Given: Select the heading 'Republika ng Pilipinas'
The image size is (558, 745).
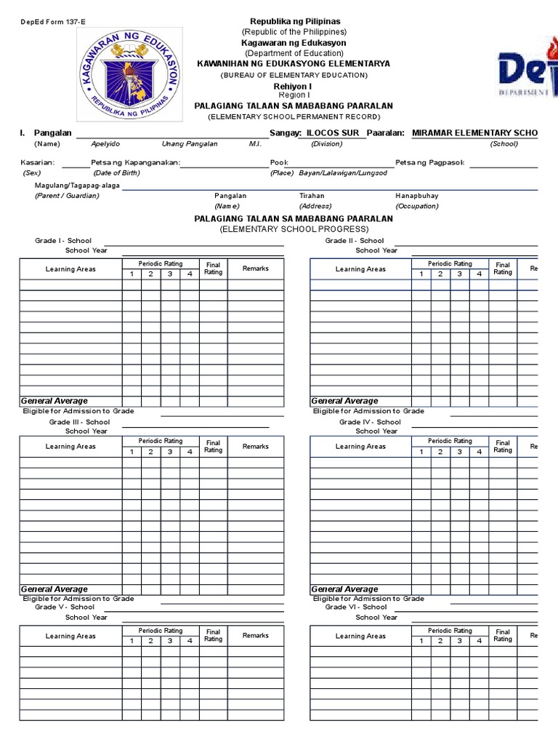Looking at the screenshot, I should tap(294, 22).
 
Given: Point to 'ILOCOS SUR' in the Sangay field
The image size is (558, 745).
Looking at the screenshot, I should tap(332, 133).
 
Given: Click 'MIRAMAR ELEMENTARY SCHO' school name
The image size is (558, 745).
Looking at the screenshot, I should tap(474, 133).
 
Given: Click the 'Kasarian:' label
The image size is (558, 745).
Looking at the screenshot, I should tap(38, 162).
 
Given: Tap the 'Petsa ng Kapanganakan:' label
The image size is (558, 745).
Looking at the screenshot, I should tap(135, 162).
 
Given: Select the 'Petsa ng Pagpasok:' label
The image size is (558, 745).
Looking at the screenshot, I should tap(430, 162).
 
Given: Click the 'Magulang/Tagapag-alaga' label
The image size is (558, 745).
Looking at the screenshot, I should tap(77, 186).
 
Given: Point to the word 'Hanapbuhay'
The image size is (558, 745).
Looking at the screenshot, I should tap(416, 196).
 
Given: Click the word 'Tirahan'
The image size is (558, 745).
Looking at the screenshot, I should tap(312, 196).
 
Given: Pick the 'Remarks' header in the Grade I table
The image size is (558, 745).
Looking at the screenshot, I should tap(256, 268).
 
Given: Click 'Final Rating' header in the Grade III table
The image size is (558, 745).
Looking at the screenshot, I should tap(213, 446).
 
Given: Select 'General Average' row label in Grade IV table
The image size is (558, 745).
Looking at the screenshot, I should tap(344, 589).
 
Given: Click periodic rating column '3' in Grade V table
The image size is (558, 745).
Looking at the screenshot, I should tap(170, 641).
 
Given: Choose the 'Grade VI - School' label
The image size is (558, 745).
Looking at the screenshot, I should tap(356, 607).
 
